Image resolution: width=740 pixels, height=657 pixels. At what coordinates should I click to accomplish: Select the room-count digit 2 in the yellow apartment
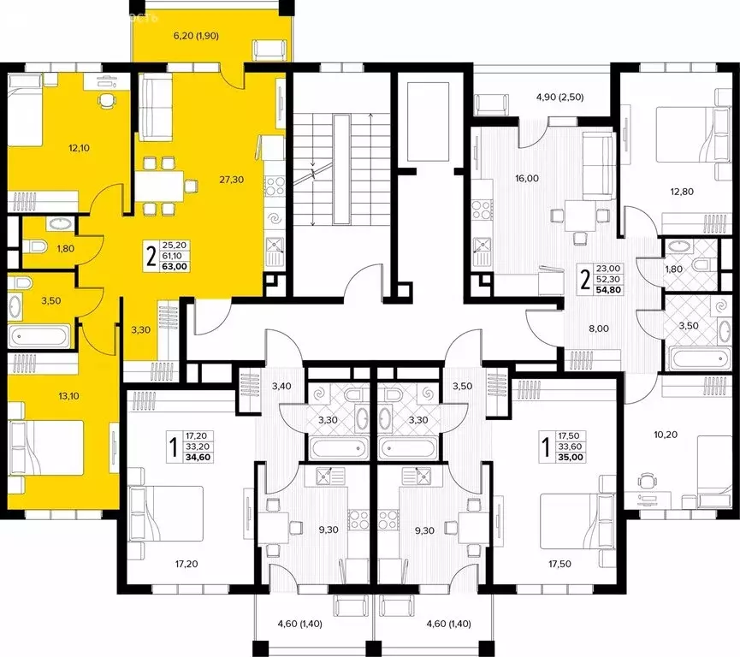click(x=151, y=255)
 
